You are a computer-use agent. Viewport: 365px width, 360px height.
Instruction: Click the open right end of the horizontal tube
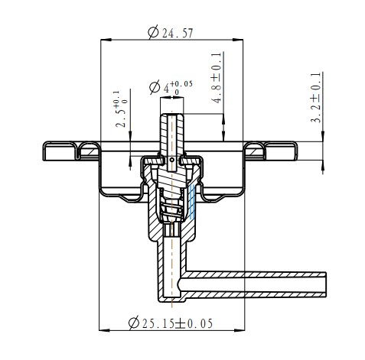[325, 284]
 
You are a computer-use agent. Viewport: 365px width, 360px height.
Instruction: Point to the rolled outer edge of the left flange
[48, 151]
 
